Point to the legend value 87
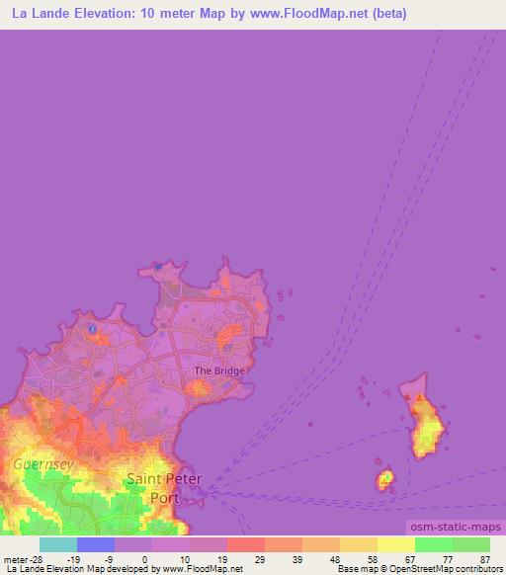(x=483, y=558)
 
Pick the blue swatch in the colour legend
(x=96, y=544)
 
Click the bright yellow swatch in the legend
(x=396, y=544)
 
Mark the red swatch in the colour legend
(x=246, y=544)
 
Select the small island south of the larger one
(x=384, y=480)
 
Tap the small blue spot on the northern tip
(x=157, y=266)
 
